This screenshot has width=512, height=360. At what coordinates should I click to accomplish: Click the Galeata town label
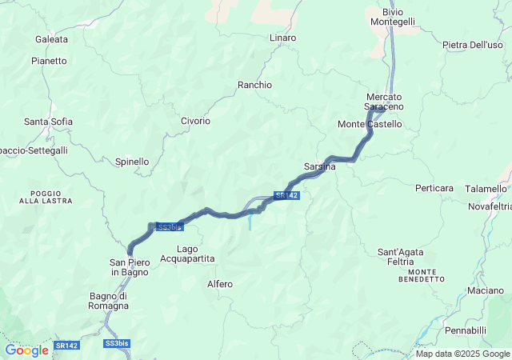(x=51, y=38)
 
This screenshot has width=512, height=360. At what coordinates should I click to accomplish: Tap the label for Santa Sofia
(x=48, y=122)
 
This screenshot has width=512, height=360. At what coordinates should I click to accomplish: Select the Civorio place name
(x=195, y=121)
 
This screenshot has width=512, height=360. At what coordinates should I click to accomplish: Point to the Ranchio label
(x=254, y=84)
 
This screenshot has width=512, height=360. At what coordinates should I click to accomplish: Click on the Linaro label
(x=282, y=38)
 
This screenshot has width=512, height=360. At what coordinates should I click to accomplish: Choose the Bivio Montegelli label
(x=393, y=17)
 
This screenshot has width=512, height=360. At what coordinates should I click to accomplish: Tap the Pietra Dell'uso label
(x=472, y=45)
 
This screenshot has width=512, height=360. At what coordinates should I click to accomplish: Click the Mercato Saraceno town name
(x=384, y=102)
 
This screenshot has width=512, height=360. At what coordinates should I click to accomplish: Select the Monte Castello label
(x=370, y=124)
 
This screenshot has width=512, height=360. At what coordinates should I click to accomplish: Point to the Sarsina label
(x=319, y=166)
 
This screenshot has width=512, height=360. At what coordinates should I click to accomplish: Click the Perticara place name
(x=434, y=188)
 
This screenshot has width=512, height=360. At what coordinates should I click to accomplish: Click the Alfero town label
(x=219, y=284)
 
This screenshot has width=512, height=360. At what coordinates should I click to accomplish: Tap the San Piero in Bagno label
(x=130, y=267)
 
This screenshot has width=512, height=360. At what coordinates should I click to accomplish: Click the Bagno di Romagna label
(x=109, y=301)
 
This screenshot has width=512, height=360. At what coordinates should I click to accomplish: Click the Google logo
(x=26, y=350)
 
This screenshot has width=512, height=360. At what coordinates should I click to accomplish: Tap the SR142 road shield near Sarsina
(x=286, y=195)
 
